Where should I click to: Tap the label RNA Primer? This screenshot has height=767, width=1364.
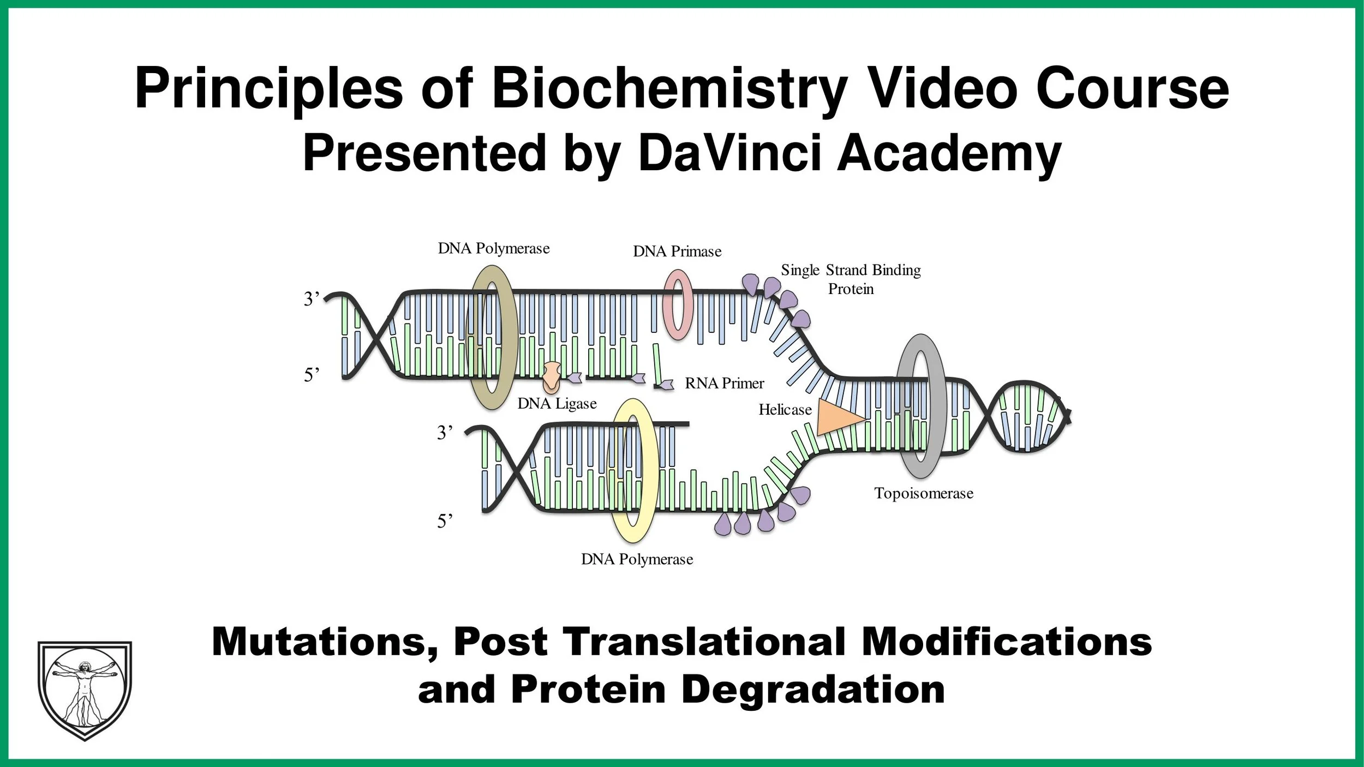click(x=724, y=383)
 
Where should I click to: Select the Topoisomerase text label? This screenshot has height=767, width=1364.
click(x=923, y=493)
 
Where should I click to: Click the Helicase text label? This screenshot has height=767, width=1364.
click(x=785, y=410)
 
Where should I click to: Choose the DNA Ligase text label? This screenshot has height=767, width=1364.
click(x=557, y=404)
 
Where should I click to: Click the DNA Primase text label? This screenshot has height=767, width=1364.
click(x=677, y=251)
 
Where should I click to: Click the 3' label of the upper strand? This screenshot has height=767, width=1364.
click(x=311, y=299)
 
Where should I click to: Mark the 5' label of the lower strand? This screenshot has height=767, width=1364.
click(x=445, y=522)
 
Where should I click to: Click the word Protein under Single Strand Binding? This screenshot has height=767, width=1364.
click(x=851, y=289)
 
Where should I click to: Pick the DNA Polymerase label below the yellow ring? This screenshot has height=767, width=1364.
click(x=637, y=559)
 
